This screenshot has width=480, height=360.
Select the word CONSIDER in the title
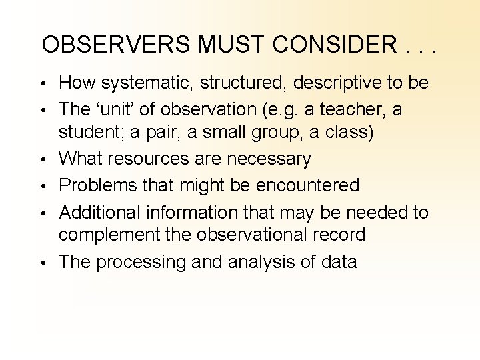click(x=326, y=45)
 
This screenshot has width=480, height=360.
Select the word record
click(x=341, y=235)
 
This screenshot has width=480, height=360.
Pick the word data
click(x=337, y=261)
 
